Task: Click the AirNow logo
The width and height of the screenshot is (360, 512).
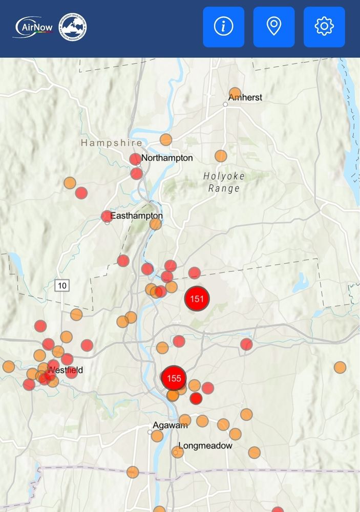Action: pyautogui.click(x=33, y=27)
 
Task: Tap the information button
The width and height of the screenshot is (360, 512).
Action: pyautogui.click(x=223, y=27)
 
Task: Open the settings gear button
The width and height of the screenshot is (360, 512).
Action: pyautogui.click(x=324, y=27)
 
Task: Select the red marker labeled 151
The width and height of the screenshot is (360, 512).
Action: pyautogui.click(x=197, y=298)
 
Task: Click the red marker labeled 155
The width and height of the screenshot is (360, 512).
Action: pyautogui.click(x=174, y=378)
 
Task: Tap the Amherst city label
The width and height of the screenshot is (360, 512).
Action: pyautogui.click(x=246, y=97)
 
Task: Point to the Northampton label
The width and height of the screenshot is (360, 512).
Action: pyautogui.click(x=167, y=158)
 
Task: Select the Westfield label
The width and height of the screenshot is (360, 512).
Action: pyautogui.click(x=65, y=370)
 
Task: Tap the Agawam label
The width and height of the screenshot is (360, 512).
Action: pyautogui.click(x=170, y=425)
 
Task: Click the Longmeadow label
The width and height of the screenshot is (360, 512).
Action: pyautogui.click(x=206, y=445)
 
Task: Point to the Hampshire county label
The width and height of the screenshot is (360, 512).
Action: pyautogui.click(x=111, y=143)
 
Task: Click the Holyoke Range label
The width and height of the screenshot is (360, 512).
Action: pyautogui.click(x=224, y=182)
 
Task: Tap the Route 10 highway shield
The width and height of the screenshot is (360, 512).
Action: pyautogui.click(x=62, y=286)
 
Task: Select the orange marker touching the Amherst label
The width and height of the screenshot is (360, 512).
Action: pyautogui.click(x=235, y=94)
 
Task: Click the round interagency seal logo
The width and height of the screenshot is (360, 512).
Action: pyautogui.click(x=73, y=27)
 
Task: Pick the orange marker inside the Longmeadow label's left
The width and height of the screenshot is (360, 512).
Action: pyautogui.click(x=177, y=452)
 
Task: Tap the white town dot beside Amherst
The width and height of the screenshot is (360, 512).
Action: pyautogui.click(x=225, y=104)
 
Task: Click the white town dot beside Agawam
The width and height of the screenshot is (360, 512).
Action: pyautogui.click(x=150, y=432)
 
